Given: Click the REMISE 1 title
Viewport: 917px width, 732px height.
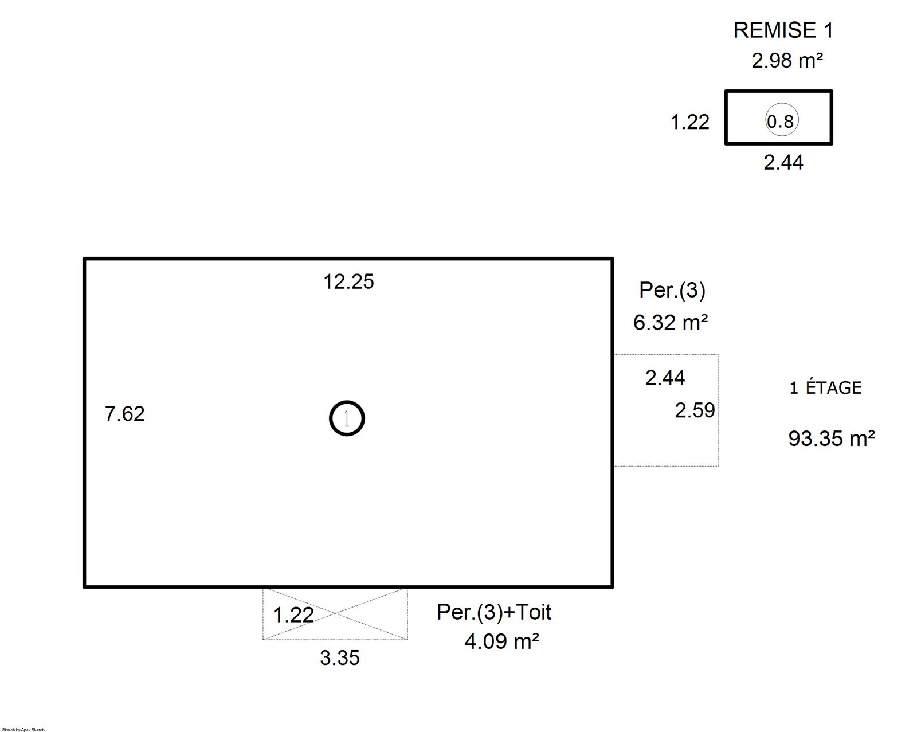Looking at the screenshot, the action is [783, 30].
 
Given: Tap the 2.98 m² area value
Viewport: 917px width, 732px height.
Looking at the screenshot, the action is [787, 61].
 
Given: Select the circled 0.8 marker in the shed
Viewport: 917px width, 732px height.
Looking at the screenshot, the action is [782, 120].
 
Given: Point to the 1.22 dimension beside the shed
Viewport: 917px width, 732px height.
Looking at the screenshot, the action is [690, 122].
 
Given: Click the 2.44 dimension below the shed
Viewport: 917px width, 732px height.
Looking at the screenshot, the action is [783, 162].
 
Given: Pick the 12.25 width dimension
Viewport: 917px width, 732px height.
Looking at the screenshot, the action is [348, 282].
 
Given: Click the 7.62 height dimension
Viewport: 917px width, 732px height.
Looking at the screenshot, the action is [125, 414].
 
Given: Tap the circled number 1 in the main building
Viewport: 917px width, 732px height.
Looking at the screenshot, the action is [347, 418].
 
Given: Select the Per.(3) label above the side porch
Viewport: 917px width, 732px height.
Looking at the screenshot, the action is [672, 291].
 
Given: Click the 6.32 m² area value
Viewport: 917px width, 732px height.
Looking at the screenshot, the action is [671, 322].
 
